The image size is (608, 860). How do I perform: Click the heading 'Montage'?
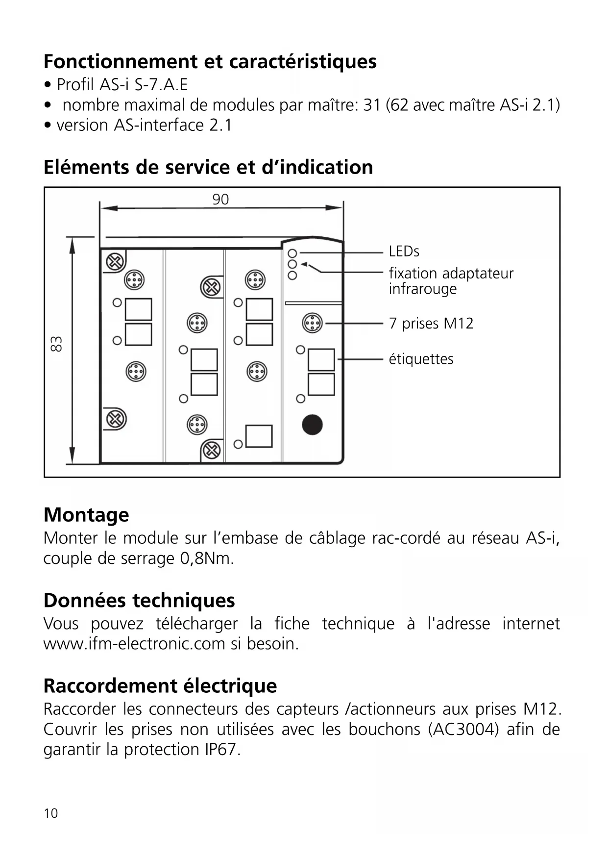pyautogui.click(x=86, y=515)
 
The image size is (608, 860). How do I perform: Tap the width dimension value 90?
pyautogui.click(x=220, y=200)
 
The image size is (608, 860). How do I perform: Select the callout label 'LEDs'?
pyautogui.click(x=404, y=252)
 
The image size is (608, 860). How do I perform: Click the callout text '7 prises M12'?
pyautogui.click(x=431, y=324)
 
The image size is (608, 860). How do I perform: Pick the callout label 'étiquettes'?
pyautogui.click(x=421, y=359)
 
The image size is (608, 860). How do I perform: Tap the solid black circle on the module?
pyautogui.click(x=312, y=425)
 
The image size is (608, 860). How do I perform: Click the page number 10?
pyautogui.click(x=51, y=813)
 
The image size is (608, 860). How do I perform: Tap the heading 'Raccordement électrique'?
pyautogui.click(x=160, y=685)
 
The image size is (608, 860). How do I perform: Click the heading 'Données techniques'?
pyautogui.click(x=139, y=600)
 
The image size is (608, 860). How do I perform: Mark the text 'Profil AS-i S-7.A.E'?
pyautogui.click(x=122, y=85)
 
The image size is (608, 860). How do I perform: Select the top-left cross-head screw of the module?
pyautogui.click(x=115, y=262)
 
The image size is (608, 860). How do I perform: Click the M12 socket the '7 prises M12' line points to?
pyautogui.click(x=312, y=323)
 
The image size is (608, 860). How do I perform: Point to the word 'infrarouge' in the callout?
pyautogui.click(x=422, y=289)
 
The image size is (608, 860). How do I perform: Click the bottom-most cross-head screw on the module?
pyautogui.click(x=212, y=450)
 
